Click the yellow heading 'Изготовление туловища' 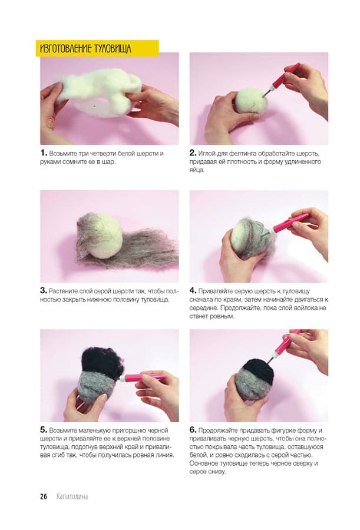coord(85,49)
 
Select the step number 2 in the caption coord(193,153)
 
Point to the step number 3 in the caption coord(44,290)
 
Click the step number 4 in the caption coord(193,290)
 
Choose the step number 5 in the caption coord(44,430)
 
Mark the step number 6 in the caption coord(193,430)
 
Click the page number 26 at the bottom coord(44,496)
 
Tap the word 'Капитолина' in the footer coord(72,496)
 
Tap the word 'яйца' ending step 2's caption coord(197,170)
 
